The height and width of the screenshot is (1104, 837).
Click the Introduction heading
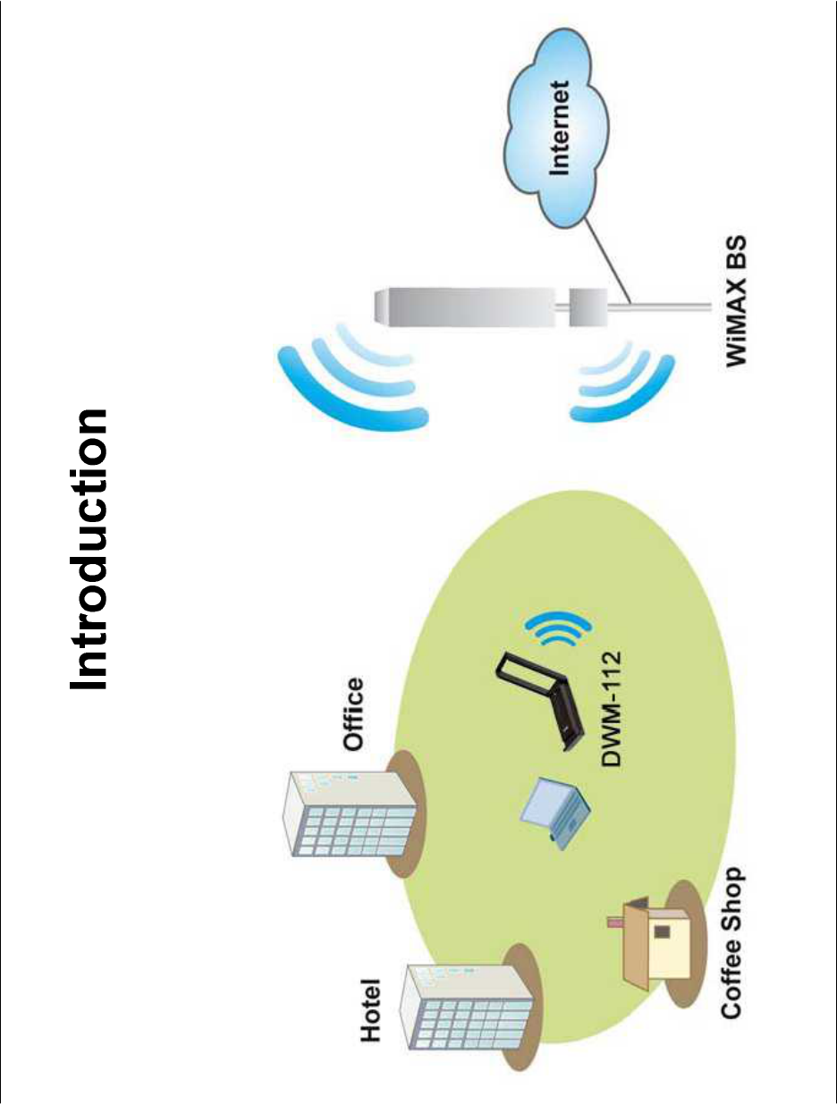tap(91, 551)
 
